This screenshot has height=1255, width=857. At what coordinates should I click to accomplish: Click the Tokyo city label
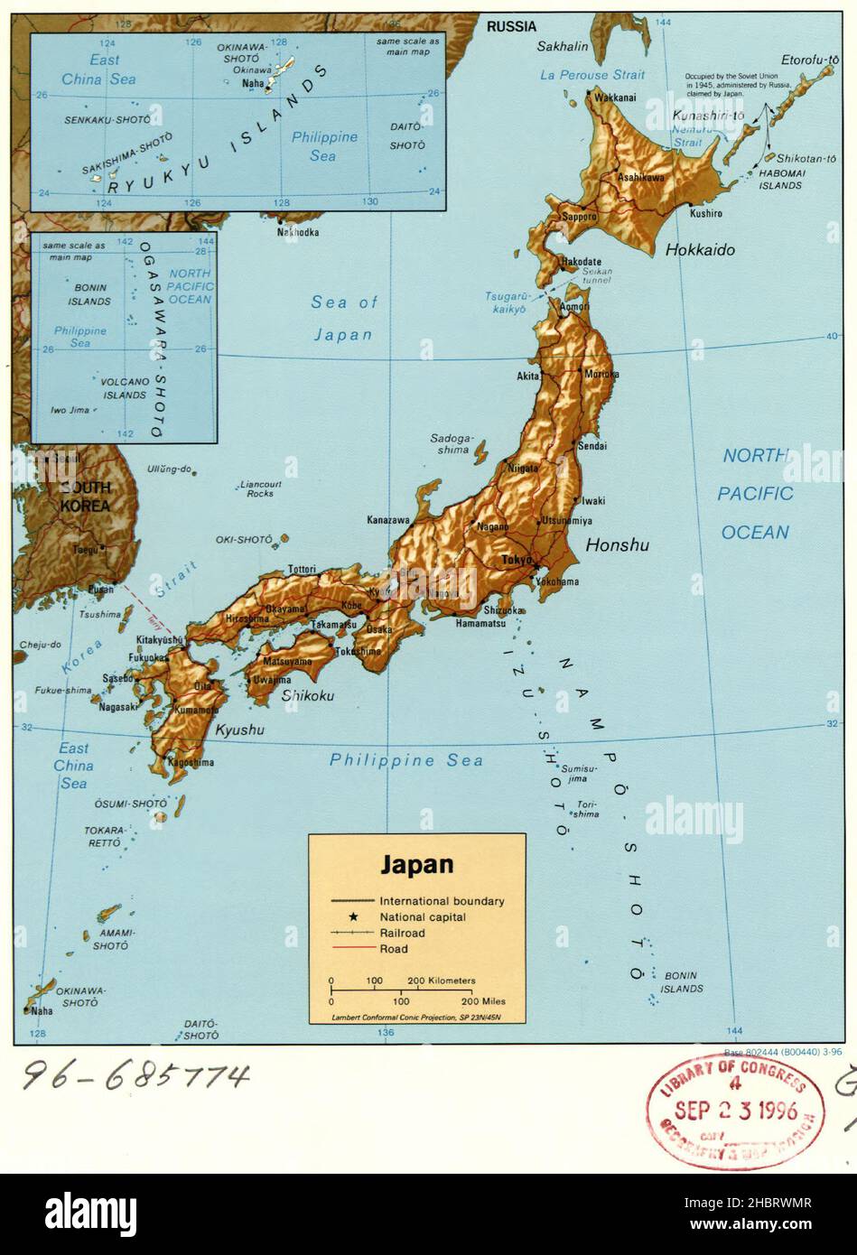pyautogui.click(x=517, y=559)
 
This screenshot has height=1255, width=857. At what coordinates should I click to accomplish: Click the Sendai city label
pyautogui.click(x=593, y=445)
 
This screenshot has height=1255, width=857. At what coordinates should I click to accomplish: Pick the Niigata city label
pyautogui.click(x=523, y=468)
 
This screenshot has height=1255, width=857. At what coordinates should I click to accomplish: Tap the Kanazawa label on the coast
pyautogui.click(x=388, y=520)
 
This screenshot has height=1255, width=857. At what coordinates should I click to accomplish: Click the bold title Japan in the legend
pyautogui.click(x=416, y=864)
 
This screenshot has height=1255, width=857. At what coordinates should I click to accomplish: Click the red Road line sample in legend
pyautogui.click(x=352, y=948)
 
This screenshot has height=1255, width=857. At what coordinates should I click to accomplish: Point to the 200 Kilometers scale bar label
pyautogui.click(x=441, y=980)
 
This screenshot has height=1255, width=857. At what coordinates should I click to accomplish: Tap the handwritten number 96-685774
pyautogui.click(x=135, y=1074)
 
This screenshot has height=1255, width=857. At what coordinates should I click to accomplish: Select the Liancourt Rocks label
pyautogui.click(x=260, y=488)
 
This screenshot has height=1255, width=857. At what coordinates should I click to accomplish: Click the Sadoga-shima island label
pyautogui.click(x=450, y=443)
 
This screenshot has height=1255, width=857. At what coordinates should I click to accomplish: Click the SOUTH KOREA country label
pyautogui.click(x=85, y=497)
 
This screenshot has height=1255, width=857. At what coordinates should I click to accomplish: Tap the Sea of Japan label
pyautogui.click(x=343, y=318)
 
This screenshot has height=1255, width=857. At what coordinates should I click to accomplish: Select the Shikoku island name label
pyautogui.click(x=307, y=695)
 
